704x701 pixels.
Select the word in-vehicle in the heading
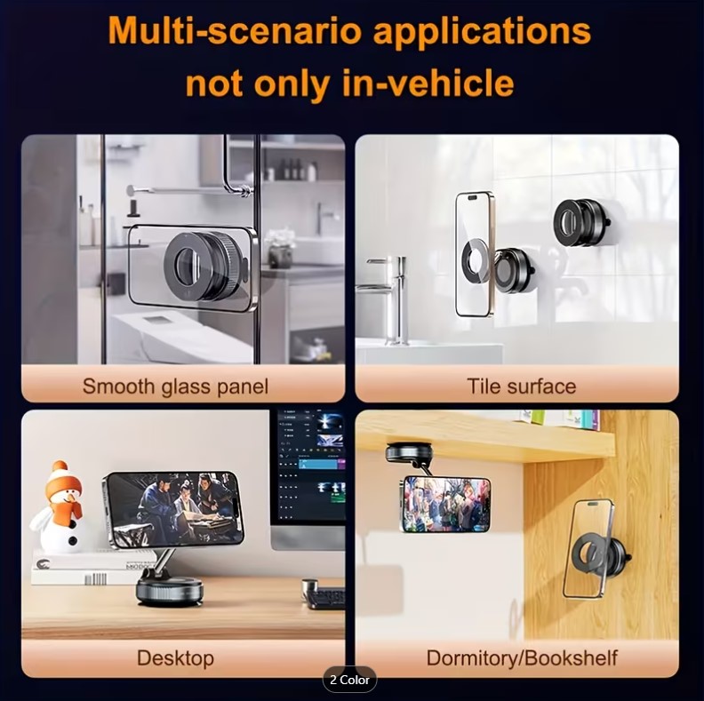click(x=428, y=83)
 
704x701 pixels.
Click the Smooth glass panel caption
click(x=175, y=386)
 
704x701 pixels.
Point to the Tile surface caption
click(x=521, y=386)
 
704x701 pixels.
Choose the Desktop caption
click(x=175, y=658)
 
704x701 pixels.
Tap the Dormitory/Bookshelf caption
click(x=522, y=658)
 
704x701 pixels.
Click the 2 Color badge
click(x=349, y=680)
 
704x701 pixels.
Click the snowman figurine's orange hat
click(x=66, y=478)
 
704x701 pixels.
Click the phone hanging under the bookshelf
click(x=446, y=504)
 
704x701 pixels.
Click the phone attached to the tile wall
click(x=475, y=253)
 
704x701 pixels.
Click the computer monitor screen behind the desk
click(x=311, y=466)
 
